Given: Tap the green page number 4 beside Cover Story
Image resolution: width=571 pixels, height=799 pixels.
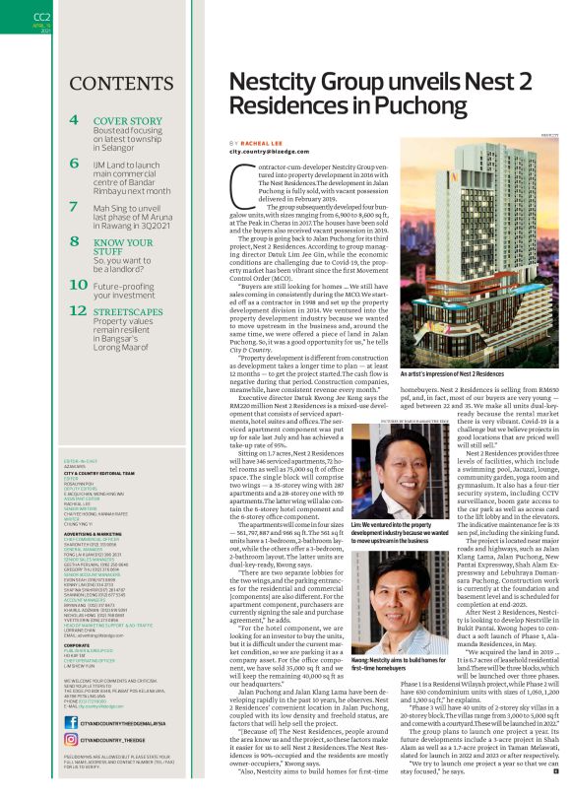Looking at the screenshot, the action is click(x=75, y=120).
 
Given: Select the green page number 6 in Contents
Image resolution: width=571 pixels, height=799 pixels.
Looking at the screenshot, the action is click(x=75, y=163).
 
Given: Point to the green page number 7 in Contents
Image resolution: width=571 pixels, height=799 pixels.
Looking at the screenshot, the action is click(x=75, y=206).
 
